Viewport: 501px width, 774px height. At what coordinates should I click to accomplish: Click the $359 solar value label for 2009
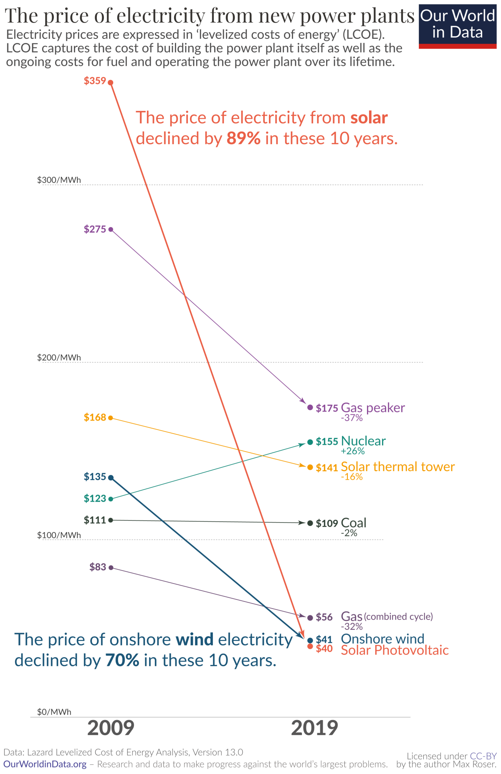tap(95, 81)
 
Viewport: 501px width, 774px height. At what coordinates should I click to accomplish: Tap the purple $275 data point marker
tap(111, 229)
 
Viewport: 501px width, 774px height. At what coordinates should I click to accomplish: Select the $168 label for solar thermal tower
tap(95, 417)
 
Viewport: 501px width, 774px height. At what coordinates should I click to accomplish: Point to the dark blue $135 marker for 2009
tap(111, 477)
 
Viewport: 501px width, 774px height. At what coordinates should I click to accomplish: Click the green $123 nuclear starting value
tap(95, 498)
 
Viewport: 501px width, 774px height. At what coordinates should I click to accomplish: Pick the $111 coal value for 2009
tap(95, 520)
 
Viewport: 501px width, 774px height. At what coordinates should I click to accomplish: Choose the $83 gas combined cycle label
tap(98, 567)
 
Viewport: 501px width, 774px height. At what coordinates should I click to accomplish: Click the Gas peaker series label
tap(373, 408)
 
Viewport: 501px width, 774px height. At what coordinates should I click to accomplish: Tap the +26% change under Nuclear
tap(353, 451)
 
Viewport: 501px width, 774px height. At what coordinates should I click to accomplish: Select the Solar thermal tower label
tap(397, 467)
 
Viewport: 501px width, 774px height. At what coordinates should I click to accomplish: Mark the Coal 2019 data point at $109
tap(310, 523)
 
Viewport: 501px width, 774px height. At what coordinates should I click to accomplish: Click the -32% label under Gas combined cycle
tap(352, 627)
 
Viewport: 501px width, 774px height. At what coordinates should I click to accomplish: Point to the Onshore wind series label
tap(382, 639)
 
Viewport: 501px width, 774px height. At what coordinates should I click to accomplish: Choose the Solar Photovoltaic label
tap(395, 650)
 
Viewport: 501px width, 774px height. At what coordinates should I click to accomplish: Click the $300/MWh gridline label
tap(59, 180)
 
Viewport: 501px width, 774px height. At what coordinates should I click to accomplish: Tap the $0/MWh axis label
tap(54, 712)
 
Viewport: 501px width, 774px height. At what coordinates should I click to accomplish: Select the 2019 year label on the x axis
tap(314, 728)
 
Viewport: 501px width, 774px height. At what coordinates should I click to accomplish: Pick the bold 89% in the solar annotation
tap(243, 138)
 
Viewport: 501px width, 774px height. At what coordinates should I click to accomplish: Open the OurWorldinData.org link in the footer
tap(45, 764)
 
